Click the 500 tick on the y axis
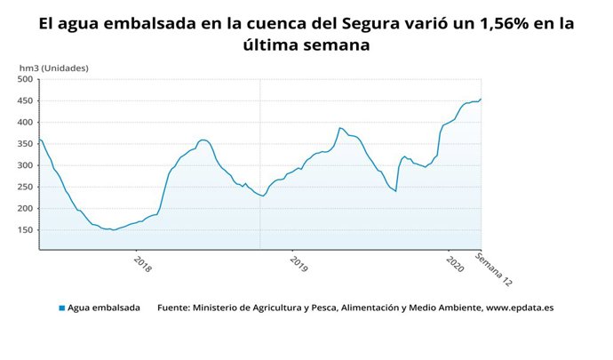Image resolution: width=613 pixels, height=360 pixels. click(x=25, y=79)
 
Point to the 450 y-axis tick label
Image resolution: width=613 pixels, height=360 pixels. click(x=25, y=100)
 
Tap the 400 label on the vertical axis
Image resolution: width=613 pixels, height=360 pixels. click(x=25, y=122)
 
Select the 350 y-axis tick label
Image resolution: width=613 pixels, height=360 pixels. click(x=25, y=144)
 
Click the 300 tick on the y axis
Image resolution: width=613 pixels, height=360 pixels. click(x=25, y=165)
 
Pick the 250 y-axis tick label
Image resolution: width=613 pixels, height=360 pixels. click(x=25, y=187)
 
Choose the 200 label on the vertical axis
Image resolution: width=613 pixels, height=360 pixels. click(x=25, y=209)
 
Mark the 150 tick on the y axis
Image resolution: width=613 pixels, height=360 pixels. click(x=25, y=230)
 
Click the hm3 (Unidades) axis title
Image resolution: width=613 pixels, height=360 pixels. click(x=54, y=68)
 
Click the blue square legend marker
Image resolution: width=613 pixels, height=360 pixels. click(x=62, y=308)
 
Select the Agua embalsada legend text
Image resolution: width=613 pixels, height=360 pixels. click(x=104, y=308)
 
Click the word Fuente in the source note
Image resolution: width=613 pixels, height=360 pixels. click(x=177, y=308)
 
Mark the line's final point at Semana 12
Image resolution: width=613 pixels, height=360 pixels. click(x=481, y=99)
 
